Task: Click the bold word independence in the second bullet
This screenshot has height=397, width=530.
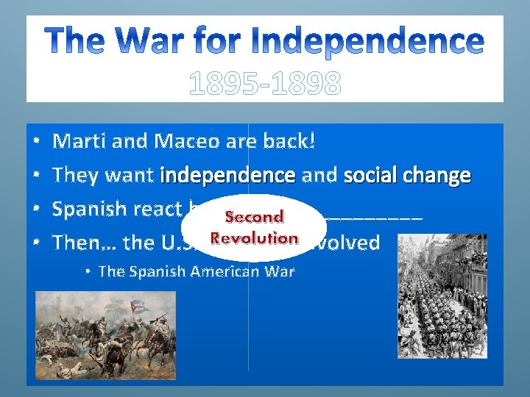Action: [227, 175]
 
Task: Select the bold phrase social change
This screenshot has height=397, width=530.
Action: [407, 175]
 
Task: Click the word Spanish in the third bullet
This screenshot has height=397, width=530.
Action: [90, 209]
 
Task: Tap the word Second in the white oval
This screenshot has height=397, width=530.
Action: [254, 217]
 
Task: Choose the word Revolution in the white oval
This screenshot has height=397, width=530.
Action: [254, 238]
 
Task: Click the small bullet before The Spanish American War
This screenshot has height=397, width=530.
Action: [88, 272]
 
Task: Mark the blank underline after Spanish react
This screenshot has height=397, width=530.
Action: [375, 215]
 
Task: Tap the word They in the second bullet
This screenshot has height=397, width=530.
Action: [77, 175]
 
